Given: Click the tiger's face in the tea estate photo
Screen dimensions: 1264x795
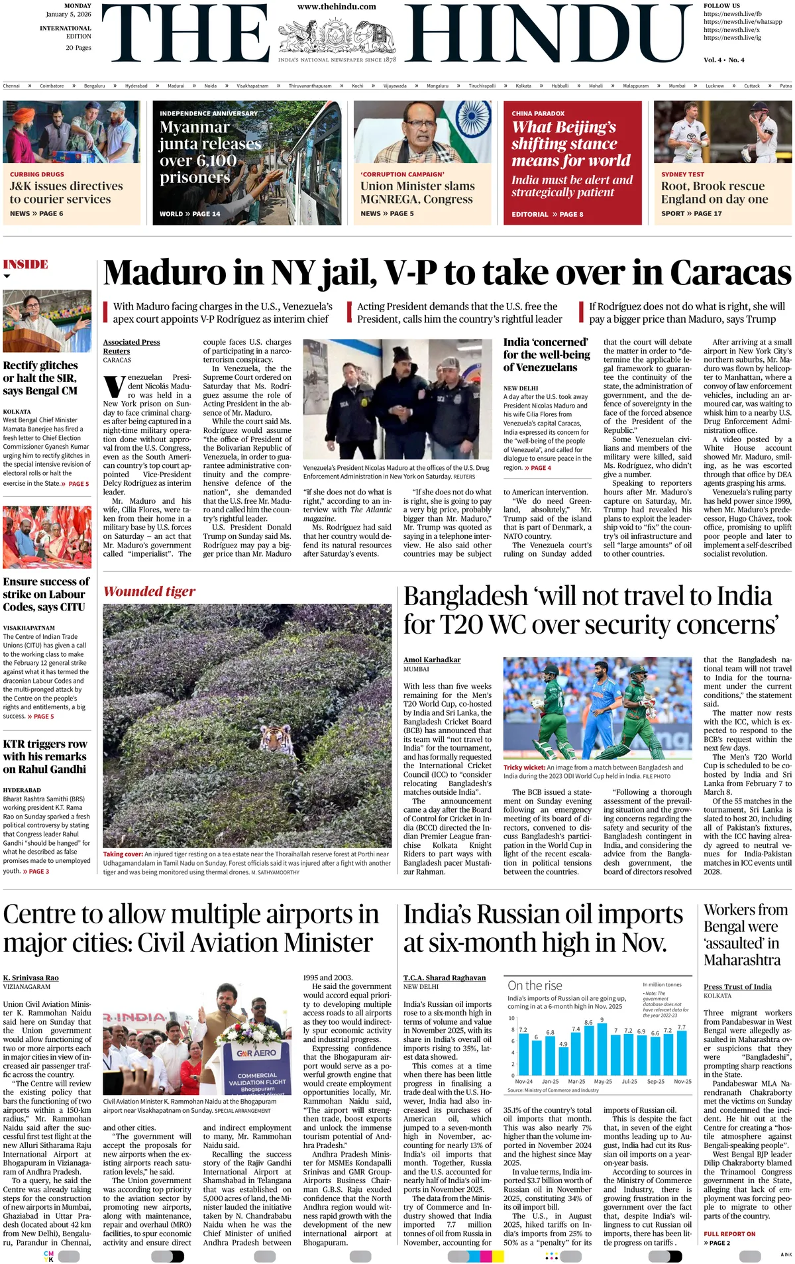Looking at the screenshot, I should tap(273, 736).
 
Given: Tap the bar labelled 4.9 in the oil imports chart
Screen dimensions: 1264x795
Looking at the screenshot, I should tap(563, 1061).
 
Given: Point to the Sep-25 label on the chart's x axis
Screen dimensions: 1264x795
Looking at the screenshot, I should tap(655, 1081).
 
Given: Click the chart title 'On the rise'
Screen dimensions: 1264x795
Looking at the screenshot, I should tap(535, 986).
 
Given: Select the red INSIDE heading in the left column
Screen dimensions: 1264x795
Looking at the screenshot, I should tap(26, 264).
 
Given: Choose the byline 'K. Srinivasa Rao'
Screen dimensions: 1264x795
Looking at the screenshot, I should tap(30, 978).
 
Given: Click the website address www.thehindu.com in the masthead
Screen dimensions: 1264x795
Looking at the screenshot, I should tap(337, 7).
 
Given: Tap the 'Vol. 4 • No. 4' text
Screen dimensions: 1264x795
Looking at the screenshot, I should tap(723, 60).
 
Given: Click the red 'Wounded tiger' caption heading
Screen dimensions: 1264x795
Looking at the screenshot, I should tap(149, 591).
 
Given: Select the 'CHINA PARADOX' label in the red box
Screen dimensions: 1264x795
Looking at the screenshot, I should tap(538, 113).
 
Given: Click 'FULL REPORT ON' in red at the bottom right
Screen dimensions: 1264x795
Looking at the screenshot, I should tap(729, 1234).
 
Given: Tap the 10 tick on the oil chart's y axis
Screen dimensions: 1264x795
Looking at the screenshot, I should tap(511, 1017).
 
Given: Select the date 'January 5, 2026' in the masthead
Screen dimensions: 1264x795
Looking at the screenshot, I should tap(68, 14).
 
